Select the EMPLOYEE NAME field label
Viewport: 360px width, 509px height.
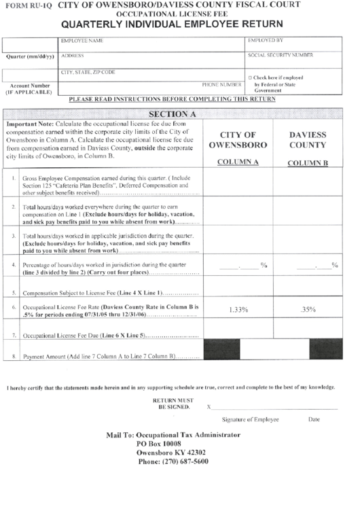[82, 41]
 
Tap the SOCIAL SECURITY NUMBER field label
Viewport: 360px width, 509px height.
[280, 54]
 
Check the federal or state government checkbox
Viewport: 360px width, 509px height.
[251, 77]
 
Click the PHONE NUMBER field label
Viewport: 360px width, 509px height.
[221, 85]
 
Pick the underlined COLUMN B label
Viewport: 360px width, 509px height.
[308, 163]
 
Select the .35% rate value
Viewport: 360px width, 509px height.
[308, 310]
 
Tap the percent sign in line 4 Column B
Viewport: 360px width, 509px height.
[334, 265]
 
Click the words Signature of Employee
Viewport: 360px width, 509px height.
[250, 419]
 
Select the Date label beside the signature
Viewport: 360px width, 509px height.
[314, 419]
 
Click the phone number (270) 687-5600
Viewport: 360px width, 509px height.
[173, 461]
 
